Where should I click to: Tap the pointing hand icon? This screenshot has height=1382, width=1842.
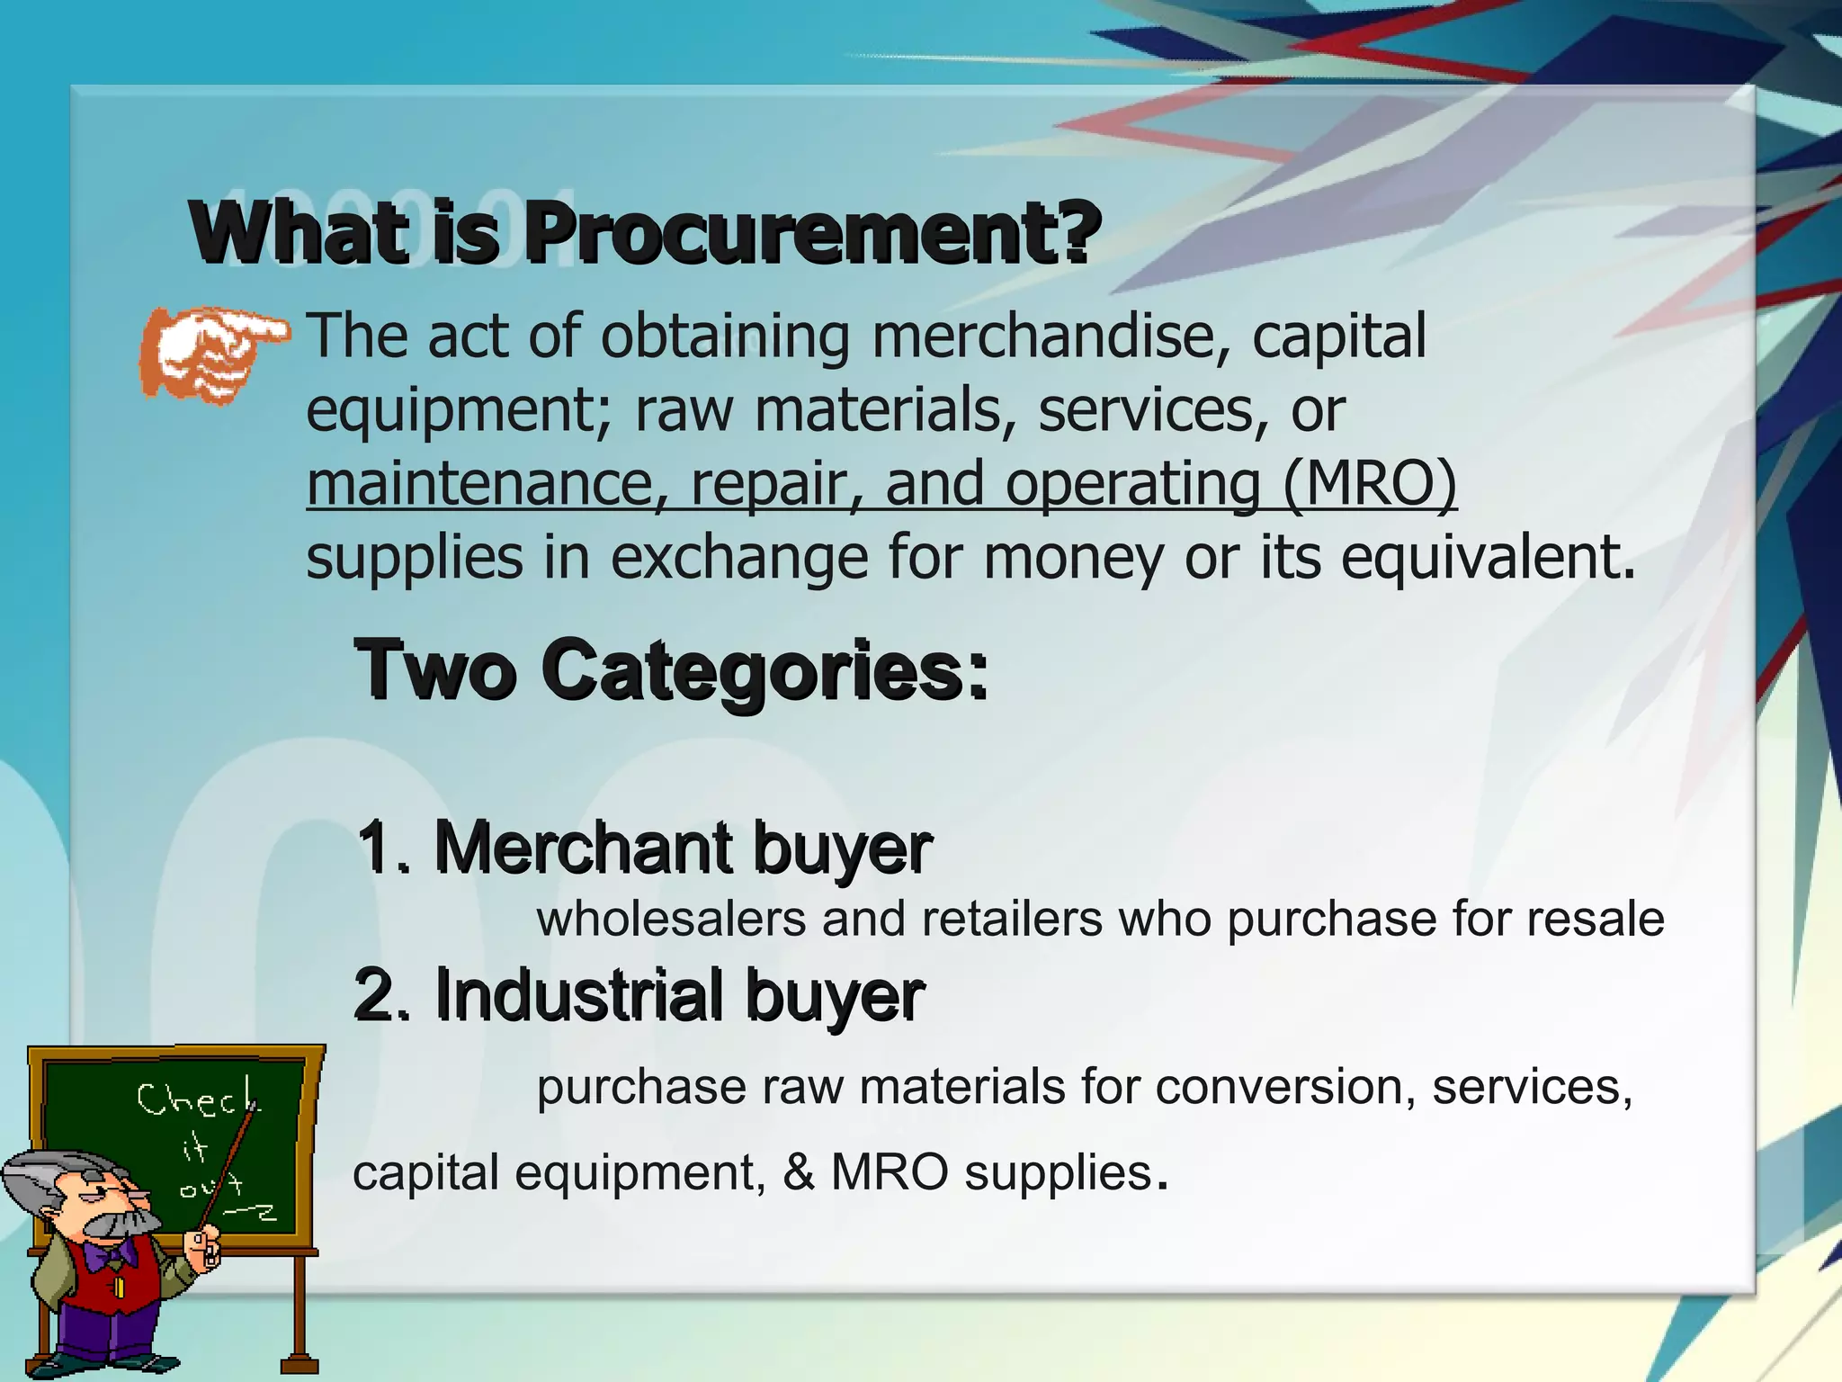coord(212,353)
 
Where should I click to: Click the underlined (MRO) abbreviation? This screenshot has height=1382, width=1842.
coord(1369,484)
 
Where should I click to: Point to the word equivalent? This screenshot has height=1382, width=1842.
coord(1488,558)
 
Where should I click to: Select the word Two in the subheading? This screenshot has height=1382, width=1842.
coord(435,670)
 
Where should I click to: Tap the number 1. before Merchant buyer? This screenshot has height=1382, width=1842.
coord(384,848)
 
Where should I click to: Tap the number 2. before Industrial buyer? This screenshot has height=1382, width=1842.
coord(382,996)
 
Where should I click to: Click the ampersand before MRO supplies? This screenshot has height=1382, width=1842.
coord(799,1173)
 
